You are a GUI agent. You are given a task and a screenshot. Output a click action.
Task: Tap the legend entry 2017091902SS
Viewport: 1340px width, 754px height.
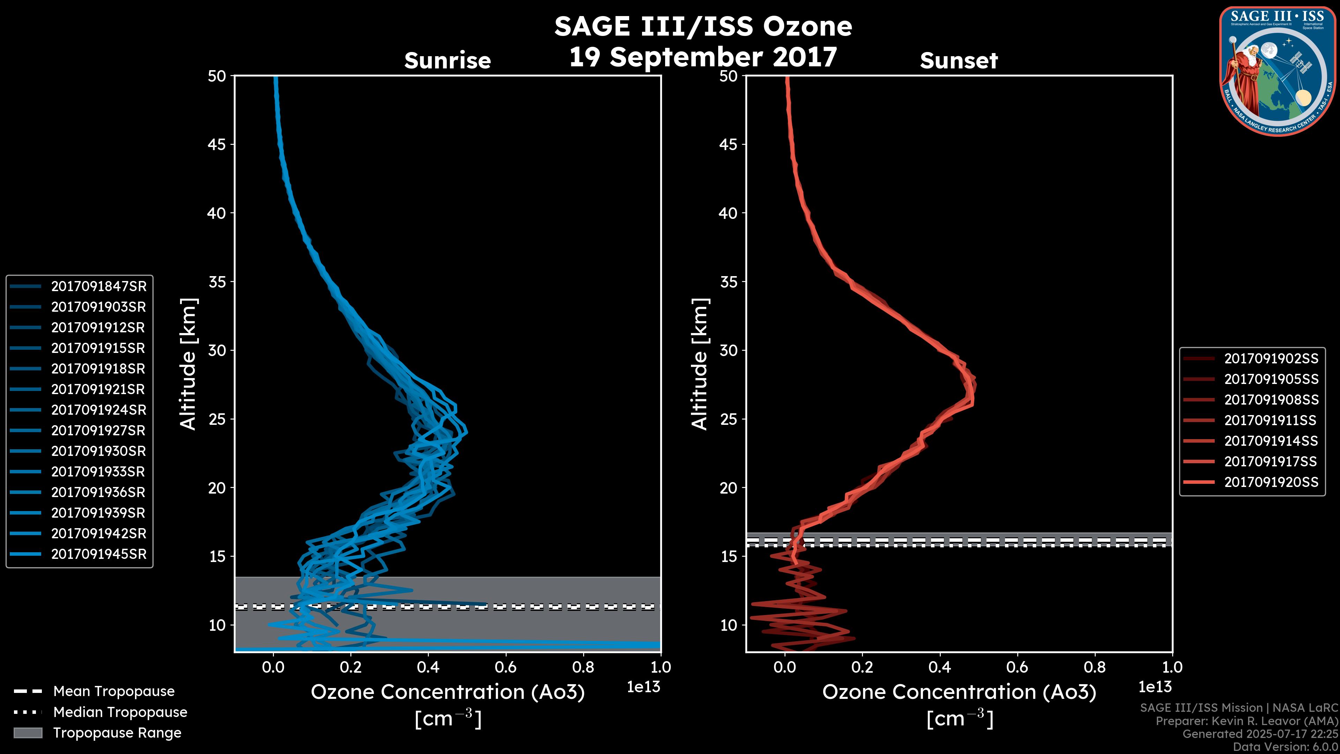point(1271,358)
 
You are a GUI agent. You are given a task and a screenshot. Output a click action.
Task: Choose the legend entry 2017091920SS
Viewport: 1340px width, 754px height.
point(1271,482)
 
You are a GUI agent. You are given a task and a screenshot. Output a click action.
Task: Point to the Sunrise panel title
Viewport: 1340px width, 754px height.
point(447,61)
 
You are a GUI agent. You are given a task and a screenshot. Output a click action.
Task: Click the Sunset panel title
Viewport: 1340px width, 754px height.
point(959,61)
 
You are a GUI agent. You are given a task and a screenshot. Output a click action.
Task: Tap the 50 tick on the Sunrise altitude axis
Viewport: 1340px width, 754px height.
point(217,76)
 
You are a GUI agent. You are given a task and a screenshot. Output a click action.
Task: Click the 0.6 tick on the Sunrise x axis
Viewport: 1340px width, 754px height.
point(506,667)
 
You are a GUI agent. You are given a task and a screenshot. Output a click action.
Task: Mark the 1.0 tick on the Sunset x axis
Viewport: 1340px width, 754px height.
point(1172,667)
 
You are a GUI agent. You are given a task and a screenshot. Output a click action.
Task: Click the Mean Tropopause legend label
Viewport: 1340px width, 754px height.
point(114,692)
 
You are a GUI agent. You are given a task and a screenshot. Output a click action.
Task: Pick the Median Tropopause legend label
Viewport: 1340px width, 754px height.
point(120,712)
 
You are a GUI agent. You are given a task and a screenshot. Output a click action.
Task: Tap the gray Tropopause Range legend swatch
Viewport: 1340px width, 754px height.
point(28,733)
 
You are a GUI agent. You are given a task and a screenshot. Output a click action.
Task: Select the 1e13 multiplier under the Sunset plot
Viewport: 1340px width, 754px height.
point(1155,687)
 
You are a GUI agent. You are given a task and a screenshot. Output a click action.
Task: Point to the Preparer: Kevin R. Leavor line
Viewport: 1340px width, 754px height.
point(1246,721)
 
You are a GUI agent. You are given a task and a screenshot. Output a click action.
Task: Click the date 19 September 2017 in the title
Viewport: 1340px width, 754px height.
point(703,57)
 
